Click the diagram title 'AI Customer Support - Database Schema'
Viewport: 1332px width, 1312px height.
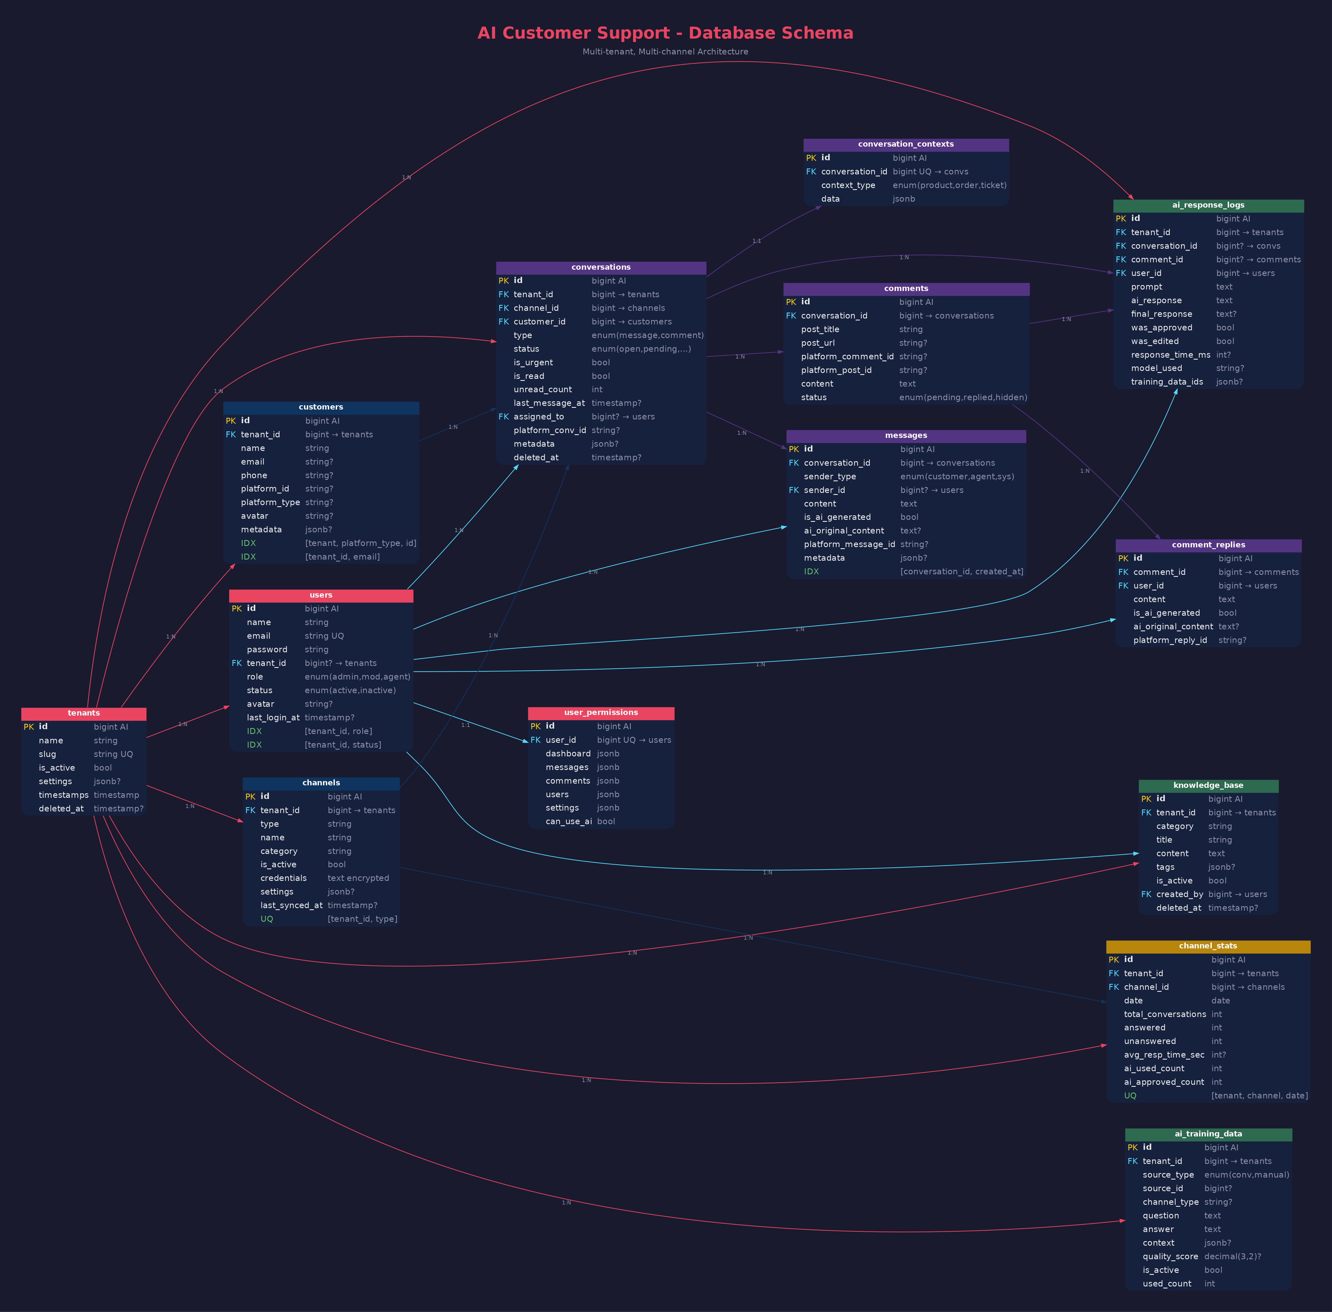point(665,33)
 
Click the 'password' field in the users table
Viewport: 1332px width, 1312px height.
point(267,649)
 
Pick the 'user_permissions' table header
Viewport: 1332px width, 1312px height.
point(601,712)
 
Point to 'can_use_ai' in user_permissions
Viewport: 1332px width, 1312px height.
point(568,821)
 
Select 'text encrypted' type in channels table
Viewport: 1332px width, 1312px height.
point(358,878)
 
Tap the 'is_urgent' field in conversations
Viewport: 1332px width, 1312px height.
point(533,362)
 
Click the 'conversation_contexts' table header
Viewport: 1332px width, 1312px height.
point(906,144)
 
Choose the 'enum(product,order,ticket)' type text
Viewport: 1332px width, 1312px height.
point(949,185)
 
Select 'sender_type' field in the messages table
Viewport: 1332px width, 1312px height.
point(830,476)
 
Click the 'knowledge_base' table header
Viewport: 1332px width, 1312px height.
point(1208,786)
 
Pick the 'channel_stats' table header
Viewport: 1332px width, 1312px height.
point(1208,946)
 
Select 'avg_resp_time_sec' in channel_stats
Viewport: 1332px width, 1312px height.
point(1164,1055)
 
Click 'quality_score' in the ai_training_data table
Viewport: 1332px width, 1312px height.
point(1170,1256)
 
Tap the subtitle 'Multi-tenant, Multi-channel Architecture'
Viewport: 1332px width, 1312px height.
point(665,52)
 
